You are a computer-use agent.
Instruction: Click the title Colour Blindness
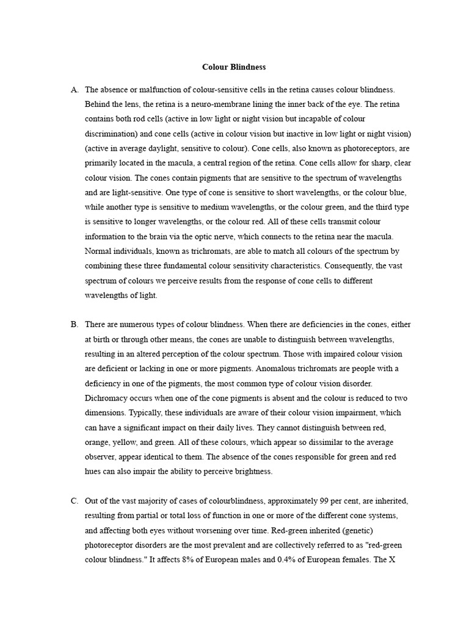tap(234, 67)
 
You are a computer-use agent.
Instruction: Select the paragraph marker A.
tap(75, 90)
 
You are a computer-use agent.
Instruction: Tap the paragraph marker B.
tap(75, 325)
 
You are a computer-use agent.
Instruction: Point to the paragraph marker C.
tap(75, 501)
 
